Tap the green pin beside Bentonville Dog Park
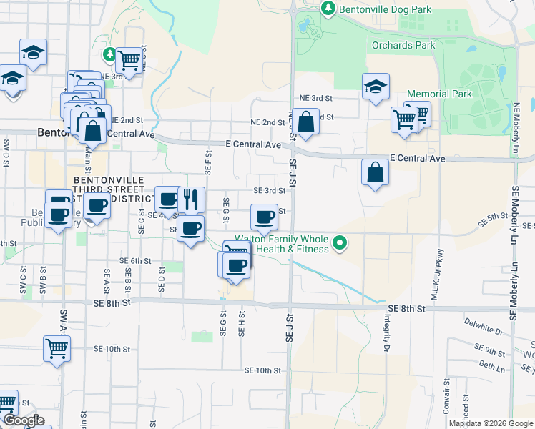(x=328, y=9)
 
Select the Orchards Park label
(x=403, y=45)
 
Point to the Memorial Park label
(x=439, y=94)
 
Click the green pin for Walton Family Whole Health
(x=341, y=244)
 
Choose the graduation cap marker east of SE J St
(x=376, y=87)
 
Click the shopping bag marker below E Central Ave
(x=375, y=172)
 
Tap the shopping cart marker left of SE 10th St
(x=57, y=349)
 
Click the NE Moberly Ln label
(x=515, y=128)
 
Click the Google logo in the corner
(x=23, y=420)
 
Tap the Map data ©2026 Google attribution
(x=490, y=423)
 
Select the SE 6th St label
(x=135, y=261)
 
